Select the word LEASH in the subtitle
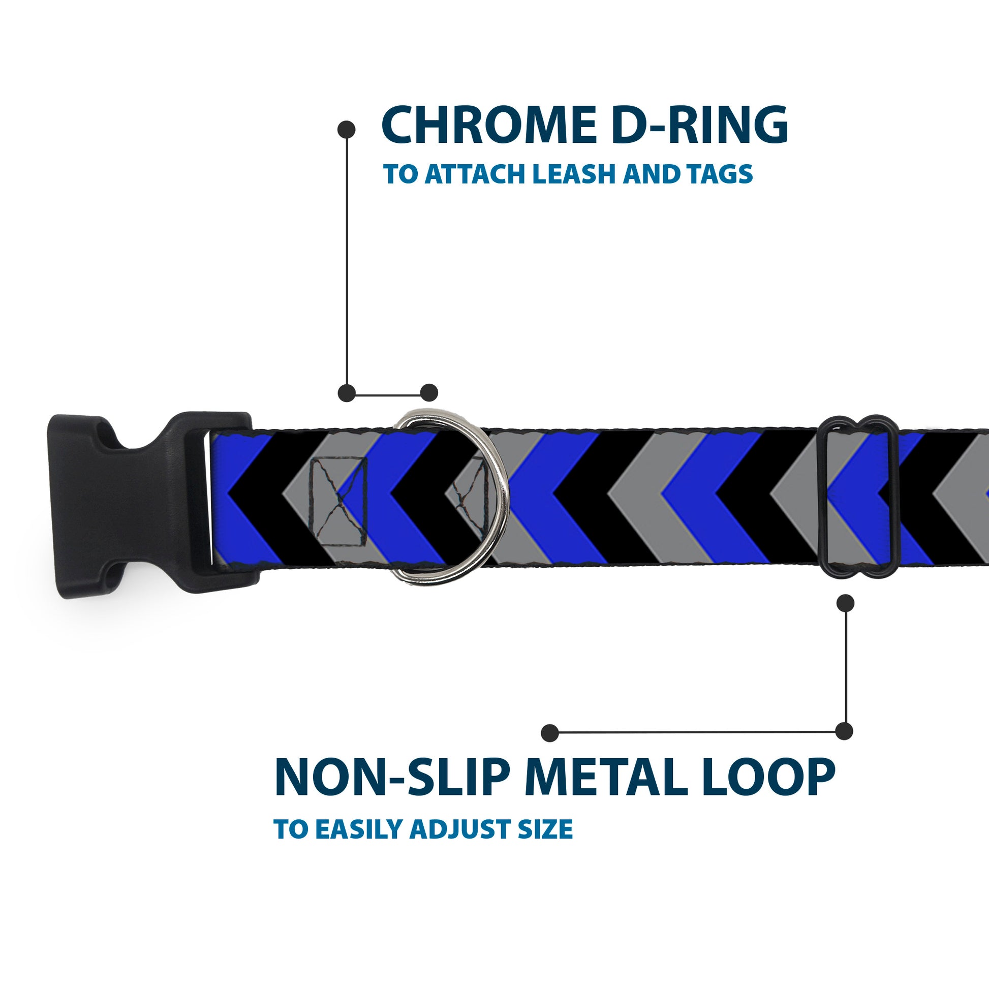(575, 174)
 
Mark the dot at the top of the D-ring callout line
(347, 130)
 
